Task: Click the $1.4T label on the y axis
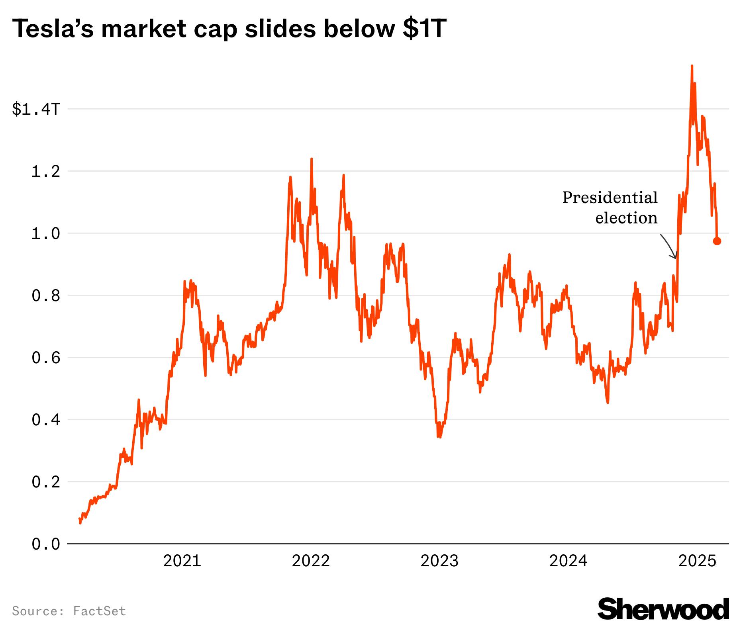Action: tap(36, 109)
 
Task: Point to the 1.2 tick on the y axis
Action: tap(45, 171)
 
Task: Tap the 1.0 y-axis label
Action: tap(45, 233)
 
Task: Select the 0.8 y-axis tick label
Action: tap(45, 295)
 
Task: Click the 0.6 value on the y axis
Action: tap(45, 358)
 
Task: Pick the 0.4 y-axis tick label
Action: tap(45, 420)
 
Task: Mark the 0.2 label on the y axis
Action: tap(45, 482)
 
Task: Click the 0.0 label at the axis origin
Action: tap(45, 544)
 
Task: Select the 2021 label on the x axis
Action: tap(182, 561)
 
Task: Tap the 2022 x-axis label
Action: tap(311, 561)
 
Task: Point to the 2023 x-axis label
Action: tap(440, 561)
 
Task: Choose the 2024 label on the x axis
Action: tap(568, 561)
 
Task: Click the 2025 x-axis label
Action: tap(697, 561)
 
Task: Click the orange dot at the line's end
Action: tap(717, 241)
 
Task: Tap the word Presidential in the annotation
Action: tap(610, 198)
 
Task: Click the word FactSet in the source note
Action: tap(100, 611)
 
